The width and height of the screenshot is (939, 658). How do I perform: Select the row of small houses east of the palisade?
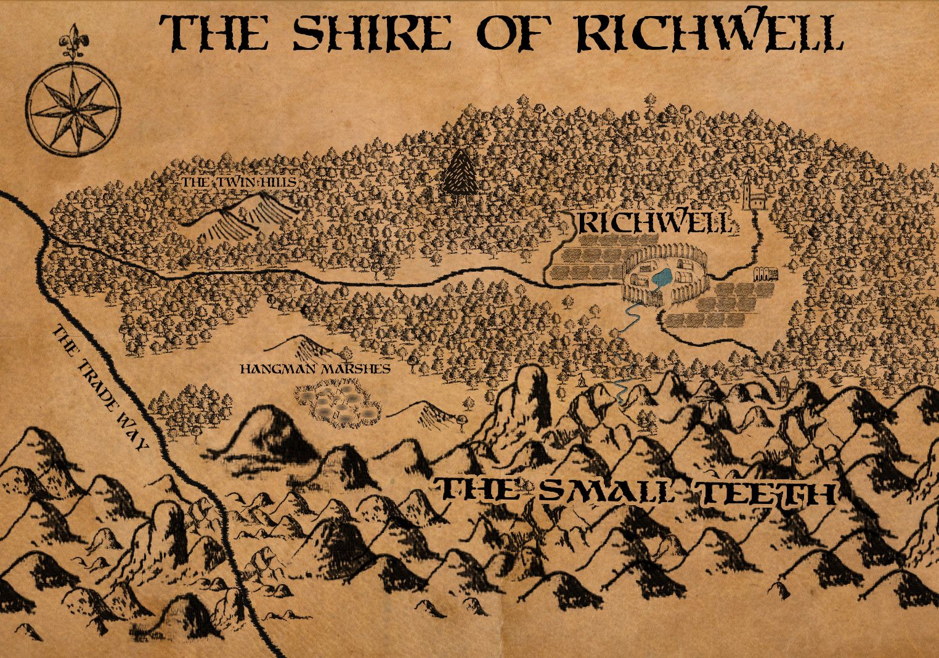(765, 274)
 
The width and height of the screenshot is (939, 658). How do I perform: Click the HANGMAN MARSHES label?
(314, 369)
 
